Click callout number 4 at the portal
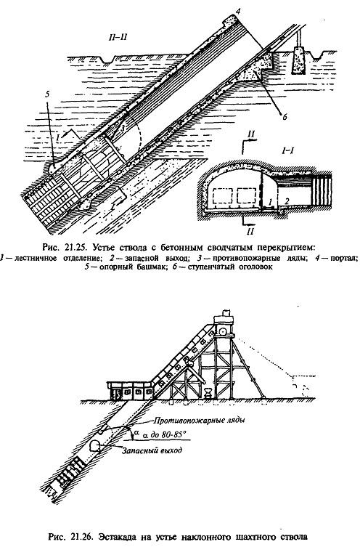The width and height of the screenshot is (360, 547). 237,12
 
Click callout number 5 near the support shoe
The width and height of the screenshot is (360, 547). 48,95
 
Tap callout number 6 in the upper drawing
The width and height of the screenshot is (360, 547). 285,117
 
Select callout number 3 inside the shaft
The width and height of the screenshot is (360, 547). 123,128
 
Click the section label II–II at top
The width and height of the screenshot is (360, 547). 117,37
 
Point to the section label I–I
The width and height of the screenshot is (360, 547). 287,150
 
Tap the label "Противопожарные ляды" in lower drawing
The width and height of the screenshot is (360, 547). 200,420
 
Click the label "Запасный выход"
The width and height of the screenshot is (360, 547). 152,450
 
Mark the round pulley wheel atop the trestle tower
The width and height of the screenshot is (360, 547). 223,331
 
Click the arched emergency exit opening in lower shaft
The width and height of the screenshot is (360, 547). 95,445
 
